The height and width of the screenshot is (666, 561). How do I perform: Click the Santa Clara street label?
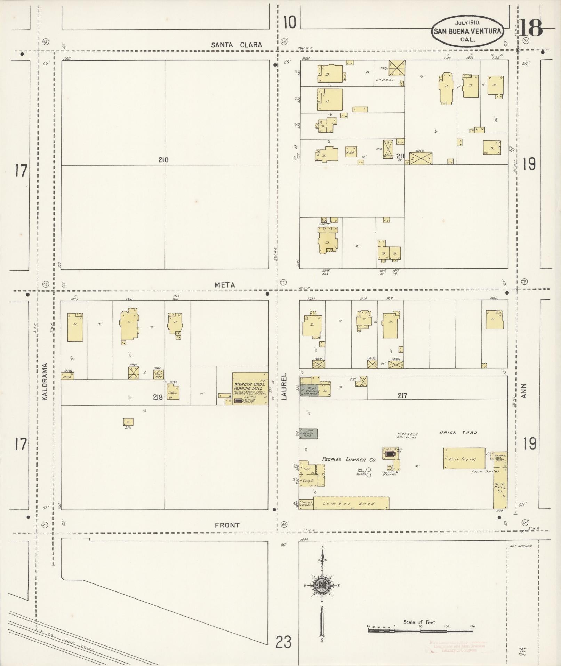pos(237,45)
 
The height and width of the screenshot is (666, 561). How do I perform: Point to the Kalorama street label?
pos(45,382)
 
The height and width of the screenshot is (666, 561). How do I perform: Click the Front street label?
pos(227,525)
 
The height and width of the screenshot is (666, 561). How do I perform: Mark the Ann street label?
pos(525,391)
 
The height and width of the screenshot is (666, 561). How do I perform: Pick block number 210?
pos(163,160)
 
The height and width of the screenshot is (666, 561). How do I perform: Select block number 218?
pos(157,397)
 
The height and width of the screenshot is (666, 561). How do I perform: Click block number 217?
pos(402,396)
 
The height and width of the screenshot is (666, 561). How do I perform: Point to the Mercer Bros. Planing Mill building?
pos(250,388)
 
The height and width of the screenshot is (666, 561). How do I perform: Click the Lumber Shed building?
pos(351,503)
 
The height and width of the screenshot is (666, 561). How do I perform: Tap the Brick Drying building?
pos(464,459)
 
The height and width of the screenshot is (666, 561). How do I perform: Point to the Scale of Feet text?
pos(419,622)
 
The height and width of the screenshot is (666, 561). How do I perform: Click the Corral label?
pos(385,80)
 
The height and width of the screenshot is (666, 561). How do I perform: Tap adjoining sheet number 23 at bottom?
pos(283,642)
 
